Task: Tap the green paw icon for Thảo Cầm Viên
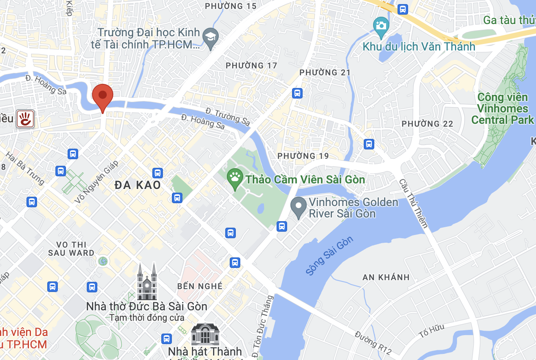click(235, 179)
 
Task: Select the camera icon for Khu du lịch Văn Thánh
click(381, 25)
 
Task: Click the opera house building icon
click(205, 334)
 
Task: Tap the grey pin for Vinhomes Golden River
click(298, 207)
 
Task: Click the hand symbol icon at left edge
click(25, 119)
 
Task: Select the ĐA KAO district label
click(138, 185)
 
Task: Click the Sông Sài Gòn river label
click(330, 256)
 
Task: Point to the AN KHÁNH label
click(386, 277)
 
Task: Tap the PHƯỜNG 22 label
click(427, 124)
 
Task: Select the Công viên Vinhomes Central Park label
click(502, 109)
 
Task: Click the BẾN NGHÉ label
click(200, 286)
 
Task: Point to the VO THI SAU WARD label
click(71, 248)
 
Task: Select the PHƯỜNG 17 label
click(251, 66)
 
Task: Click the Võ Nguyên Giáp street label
click(96, 182)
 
